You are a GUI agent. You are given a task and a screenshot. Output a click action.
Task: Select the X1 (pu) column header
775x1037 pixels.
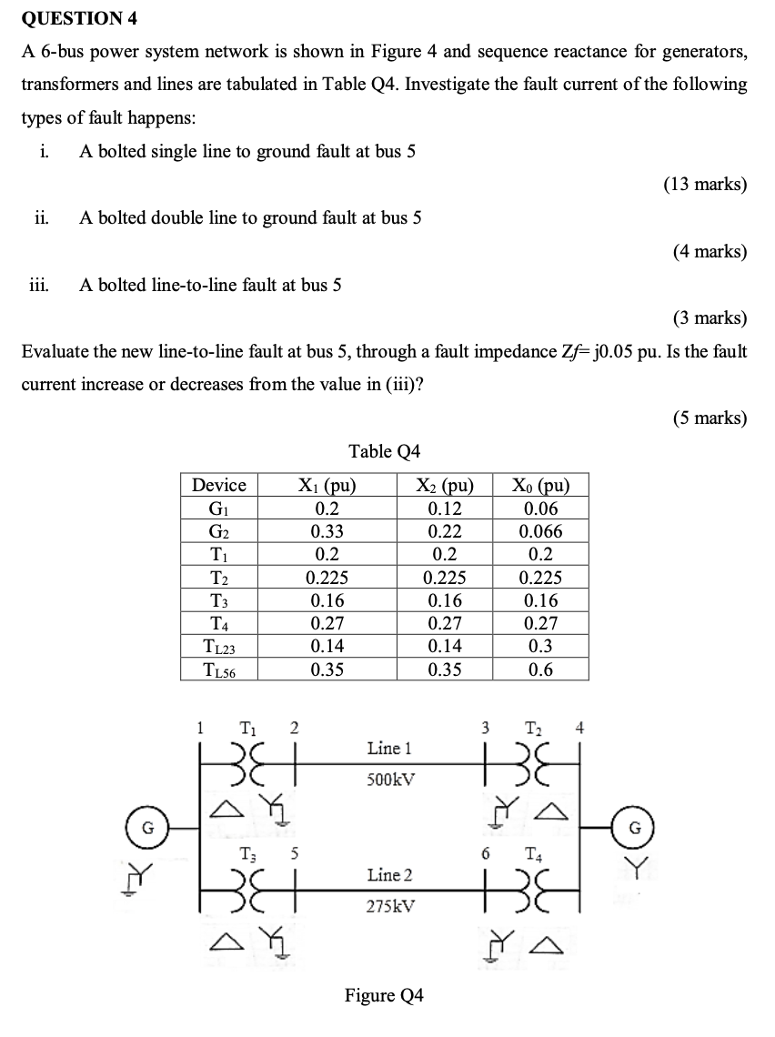[327, 485]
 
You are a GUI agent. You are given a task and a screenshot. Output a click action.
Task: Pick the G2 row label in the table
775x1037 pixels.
[220, 531]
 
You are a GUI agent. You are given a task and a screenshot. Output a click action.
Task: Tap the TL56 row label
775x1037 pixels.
[220, 670]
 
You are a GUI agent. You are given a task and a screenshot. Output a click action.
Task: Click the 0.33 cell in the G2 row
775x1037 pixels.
[327, 531]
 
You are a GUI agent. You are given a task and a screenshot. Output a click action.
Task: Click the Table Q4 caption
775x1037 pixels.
[385, 451]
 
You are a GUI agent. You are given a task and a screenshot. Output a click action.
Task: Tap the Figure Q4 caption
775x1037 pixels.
[384, 995]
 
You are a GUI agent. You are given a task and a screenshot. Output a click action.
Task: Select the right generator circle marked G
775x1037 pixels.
[636, 828]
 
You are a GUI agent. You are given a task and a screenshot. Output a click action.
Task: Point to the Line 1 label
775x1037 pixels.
[389, 749]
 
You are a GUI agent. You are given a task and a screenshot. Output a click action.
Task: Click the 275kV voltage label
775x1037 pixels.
[389, 906]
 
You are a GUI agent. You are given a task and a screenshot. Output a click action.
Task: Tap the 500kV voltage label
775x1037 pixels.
[389, 780]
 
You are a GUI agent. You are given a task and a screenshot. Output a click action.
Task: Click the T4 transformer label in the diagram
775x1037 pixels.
[534, 853]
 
